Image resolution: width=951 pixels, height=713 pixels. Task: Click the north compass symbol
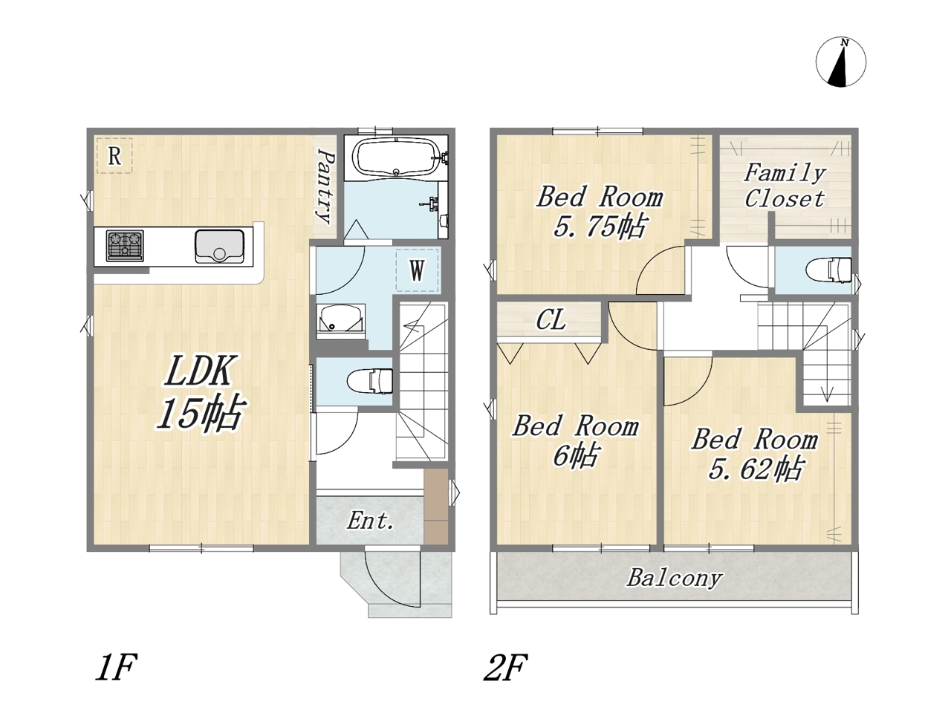pos(840,62)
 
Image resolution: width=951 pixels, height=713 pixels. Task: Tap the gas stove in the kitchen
pos(125,245)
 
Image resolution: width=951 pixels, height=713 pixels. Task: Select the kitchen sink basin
pos(219,247)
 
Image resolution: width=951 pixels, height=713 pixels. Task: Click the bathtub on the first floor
pos(396,158)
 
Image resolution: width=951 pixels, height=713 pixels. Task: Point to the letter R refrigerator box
pos(114,156)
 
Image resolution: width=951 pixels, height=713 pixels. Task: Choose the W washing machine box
pos(417,270)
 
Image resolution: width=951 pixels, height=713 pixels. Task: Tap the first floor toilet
pos(370,382)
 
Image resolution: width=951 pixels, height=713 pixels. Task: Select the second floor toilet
pos(828,270)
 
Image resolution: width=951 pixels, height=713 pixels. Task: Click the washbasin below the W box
pos(340,321)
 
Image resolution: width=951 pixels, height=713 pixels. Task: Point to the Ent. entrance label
pos(371,521)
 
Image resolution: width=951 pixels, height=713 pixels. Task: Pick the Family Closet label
pos(785,186)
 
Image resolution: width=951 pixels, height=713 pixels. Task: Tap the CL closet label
pos(551,320)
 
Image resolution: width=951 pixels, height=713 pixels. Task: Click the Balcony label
pos(675,578)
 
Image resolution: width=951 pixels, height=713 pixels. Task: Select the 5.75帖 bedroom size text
pos(601,227)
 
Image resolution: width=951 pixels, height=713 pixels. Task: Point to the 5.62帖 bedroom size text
pos(756,469)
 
